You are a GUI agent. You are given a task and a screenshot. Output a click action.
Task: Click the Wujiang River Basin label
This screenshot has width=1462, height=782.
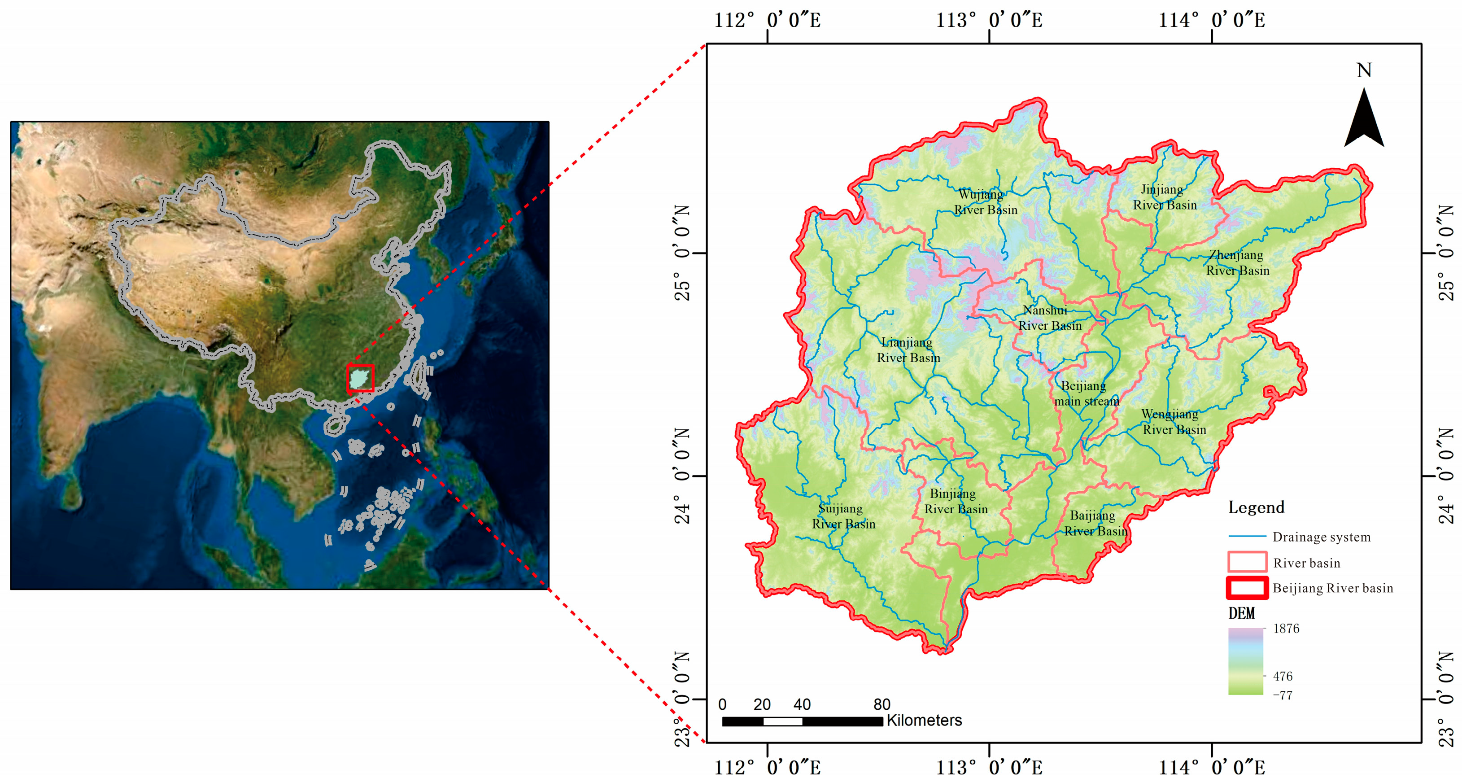point(985,202)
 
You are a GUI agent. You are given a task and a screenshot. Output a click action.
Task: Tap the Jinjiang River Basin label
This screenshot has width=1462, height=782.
point(1165,197)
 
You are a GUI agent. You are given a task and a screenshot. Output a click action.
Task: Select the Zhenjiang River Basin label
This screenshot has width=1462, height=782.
point(1237,263)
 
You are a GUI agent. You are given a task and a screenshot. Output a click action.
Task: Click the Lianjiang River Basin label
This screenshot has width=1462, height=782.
point(908,350)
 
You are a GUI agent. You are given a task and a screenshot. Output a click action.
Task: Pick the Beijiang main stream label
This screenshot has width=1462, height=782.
point(1086,393)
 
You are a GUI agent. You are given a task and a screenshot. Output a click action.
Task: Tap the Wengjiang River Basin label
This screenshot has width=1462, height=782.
point(1174,422)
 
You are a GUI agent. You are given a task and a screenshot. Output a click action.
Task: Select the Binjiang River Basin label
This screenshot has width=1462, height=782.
point(956,501)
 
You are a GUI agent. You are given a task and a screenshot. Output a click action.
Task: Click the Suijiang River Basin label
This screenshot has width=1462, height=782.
point(843,516)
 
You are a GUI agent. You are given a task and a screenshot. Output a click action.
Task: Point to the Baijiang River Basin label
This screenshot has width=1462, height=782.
point(1095,523)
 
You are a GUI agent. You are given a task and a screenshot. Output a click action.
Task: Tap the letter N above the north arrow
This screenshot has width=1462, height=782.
point(1364,70)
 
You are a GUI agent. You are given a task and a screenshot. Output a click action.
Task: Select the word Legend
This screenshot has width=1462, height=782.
point(1256,507)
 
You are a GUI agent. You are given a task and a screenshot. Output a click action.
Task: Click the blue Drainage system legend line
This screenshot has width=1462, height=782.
point(1247,536)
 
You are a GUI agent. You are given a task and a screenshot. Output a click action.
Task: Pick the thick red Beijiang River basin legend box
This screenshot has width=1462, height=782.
point(1247,588)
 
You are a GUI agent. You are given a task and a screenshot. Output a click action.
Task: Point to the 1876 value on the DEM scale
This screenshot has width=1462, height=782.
point(1286,629)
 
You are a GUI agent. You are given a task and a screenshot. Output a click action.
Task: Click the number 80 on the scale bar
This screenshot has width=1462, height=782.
point(882,705)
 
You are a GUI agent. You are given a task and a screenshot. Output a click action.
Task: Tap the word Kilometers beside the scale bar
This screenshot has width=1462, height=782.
point(924,721)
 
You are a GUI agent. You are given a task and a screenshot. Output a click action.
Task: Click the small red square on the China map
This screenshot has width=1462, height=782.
point(360,378)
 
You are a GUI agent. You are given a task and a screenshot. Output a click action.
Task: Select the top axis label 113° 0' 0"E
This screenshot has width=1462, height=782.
point(989,21)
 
